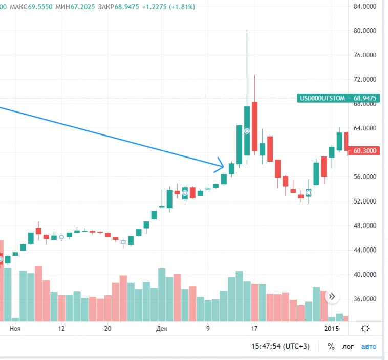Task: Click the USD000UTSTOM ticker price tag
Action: pos(338,98)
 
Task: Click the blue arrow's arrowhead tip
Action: pos(224,166)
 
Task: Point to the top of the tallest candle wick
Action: pos(247,31)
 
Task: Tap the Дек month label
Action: pos(162,329)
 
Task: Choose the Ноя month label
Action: pos(15,329)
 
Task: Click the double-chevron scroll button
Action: pos(332,296)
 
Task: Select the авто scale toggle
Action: pos(369,347)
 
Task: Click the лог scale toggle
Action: pos(348,347)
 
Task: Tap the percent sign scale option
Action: pos(331,347)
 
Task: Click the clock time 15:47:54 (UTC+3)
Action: pos(281,347)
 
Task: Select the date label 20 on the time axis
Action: pos(107,329)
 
